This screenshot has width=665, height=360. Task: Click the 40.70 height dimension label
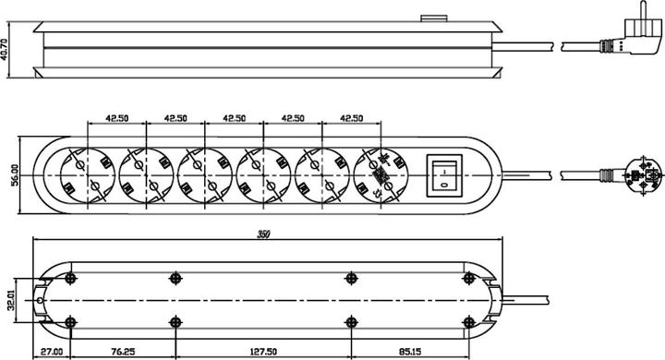(5, 50)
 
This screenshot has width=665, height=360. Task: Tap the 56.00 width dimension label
(16, 174)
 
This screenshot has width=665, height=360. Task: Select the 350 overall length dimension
(264, 234)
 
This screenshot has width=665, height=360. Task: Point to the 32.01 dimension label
(11, 301)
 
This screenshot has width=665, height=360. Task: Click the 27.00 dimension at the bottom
(52, 352)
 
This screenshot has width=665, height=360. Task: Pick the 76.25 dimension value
(123, 352)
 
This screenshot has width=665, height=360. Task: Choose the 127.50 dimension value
(264, 352)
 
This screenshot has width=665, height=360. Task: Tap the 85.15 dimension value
(410, 352)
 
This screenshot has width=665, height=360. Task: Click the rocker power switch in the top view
(444, 175)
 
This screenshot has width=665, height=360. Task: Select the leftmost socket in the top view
(88, 175)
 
